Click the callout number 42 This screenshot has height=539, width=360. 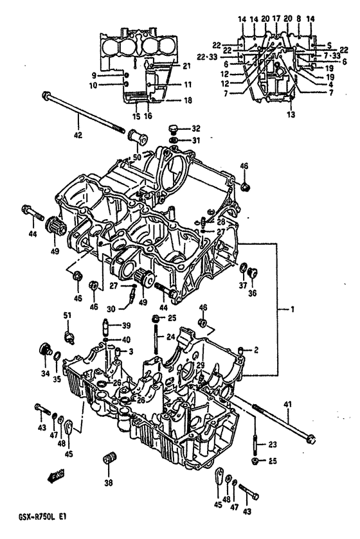[78, 136]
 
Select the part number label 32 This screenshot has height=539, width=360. [196, 128]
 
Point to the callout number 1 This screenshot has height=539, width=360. [292, 310]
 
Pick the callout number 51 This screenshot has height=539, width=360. [67, 315]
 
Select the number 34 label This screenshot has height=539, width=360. [44, 373]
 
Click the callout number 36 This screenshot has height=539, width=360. [251, 294]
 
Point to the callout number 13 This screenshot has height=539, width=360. [291, 114]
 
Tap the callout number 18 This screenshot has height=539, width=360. [188, 101]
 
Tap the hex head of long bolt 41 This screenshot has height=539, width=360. [312, 440]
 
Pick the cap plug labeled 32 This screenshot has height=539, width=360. [174, 128]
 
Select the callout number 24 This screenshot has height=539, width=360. [170, 335]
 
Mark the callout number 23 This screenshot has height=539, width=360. [271, 444]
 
